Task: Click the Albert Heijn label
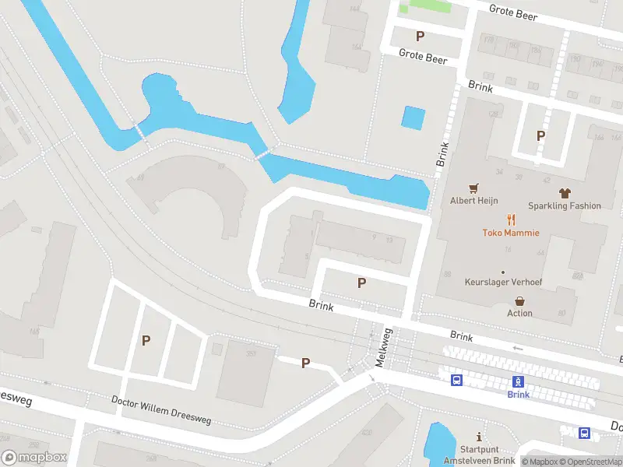(473, 200)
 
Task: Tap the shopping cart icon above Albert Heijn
(473, 188)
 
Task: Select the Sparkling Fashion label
(564, 205)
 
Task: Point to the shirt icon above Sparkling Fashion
(565, 192)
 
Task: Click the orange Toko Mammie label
(511, 232)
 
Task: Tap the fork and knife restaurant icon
(511, 219)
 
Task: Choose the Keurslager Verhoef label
(503, 281)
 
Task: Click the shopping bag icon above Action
(519, 300)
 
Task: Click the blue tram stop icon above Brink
(518, 381)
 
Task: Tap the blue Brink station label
(518, 395)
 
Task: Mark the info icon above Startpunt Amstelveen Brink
(479, 437)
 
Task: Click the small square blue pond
(414, 118)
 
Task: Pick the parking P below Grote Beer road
(420, 36)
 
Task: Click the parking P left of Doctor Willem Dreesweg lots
(146, 340)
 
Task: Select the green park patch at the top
(425, 6)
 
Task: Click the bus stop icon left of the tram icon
(457, 381)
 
